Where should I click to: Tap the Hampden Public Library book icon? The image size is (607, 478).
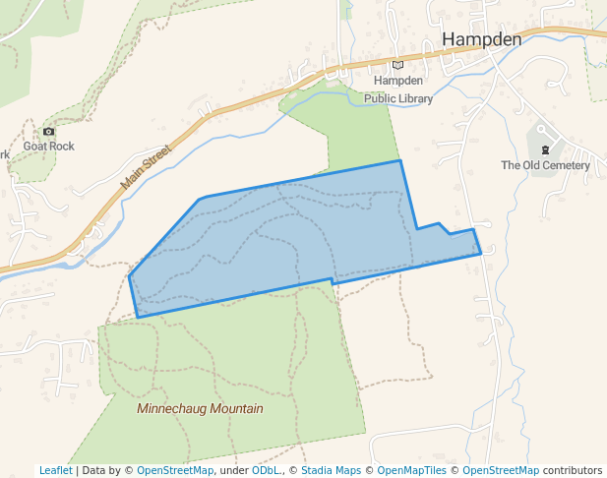(398, 65)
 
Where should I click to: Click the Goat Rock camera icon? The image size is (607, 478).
(49, 131)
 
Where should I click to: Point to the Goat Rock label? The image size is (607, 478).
(49, 147)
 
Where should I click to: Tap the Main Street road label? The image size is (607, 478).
(146, 167)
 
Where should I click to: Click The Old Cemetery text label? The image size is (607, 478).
(545, 165)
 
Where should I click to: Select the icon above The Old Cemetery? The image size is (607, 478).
(546, 149)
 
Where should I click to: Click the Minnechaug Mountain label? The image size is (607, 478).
(201, 408)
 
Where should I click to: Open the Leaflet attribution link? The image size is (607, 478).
(55, 470)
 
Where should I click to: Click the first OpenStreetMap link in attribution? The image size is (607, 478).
(175, 470)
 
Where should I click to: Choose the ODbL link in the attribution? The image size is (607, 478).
(267, 470)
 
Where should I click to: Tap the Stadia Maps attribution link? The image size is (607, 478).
(331, 470)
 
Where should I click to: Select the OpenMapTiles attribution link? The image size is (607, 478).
(412, 470)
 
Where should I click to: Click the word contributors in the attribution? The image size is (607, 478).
(573, 470)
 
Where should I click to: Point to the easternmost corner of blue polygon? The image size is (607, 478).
(481, 253)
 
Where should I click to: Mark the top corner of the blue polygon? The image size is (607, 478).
(399, 160)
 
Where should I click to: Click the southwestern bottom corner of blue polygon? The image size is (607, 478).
(137, 317)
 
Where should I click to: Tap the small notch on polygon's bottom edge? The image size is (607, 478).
(333, 281)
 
